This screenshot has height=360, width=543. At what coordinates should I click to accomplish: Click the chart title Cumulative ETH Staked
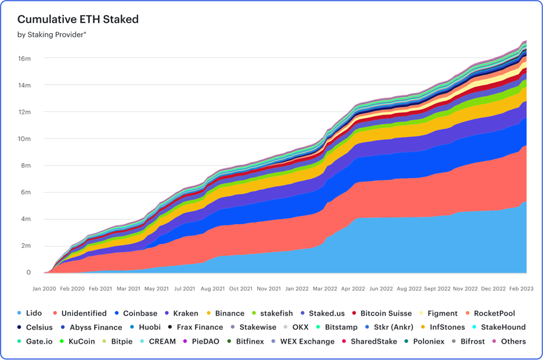(x=78, y=19)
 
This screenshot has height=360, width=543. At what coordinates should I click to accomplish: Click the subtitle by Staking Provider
(x=51, y=34)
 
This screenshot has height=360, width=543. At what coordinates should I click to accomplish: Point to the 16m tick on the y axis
(x=24, y=58)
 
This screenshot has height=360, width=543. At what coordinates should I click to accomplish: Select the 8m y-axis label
(x=24, y=166)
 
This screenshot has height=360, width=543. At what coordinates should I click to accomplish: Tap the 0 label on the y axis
(x=28, y=273)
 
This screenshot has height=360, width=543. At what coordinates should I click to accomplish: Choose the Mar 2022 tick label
(x=325, y=289)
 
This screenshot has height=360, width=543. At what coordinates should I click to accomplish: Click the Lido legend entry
(x=33, y=313)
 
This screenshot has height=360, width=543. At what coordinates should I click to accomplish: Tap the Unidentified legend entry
(x=83, y=313)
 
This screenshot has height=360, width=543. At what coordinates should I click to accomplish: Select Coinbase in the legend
(x=139, y=313)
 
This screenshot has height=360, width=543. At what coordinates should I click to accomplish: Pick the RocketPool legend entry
(x=493, y=313)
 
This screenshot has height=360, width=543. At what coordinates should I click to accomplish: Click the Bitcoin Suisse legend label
(x=386, y=313)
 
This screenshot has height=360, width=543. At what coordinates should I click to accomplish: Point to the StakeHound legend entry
(x=503, y=327)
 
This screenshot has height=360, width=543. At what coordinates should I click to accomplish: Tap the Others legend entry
(x=513, y=342)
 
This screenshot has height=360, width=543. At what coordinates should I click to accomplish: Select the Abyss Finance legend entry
(x=95, y=327)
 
